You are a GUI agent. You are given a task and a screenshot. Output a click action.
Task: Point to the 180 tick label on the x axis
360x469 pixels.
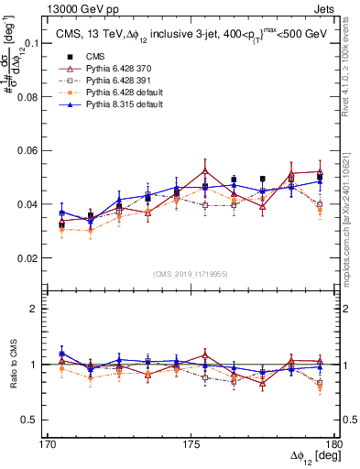pyautogui.click(x=335, y=444)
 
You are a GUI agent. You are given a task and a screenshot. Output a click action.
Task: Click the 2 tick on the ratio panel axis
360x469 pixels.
pyautogui.click(x=42, y=309)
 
